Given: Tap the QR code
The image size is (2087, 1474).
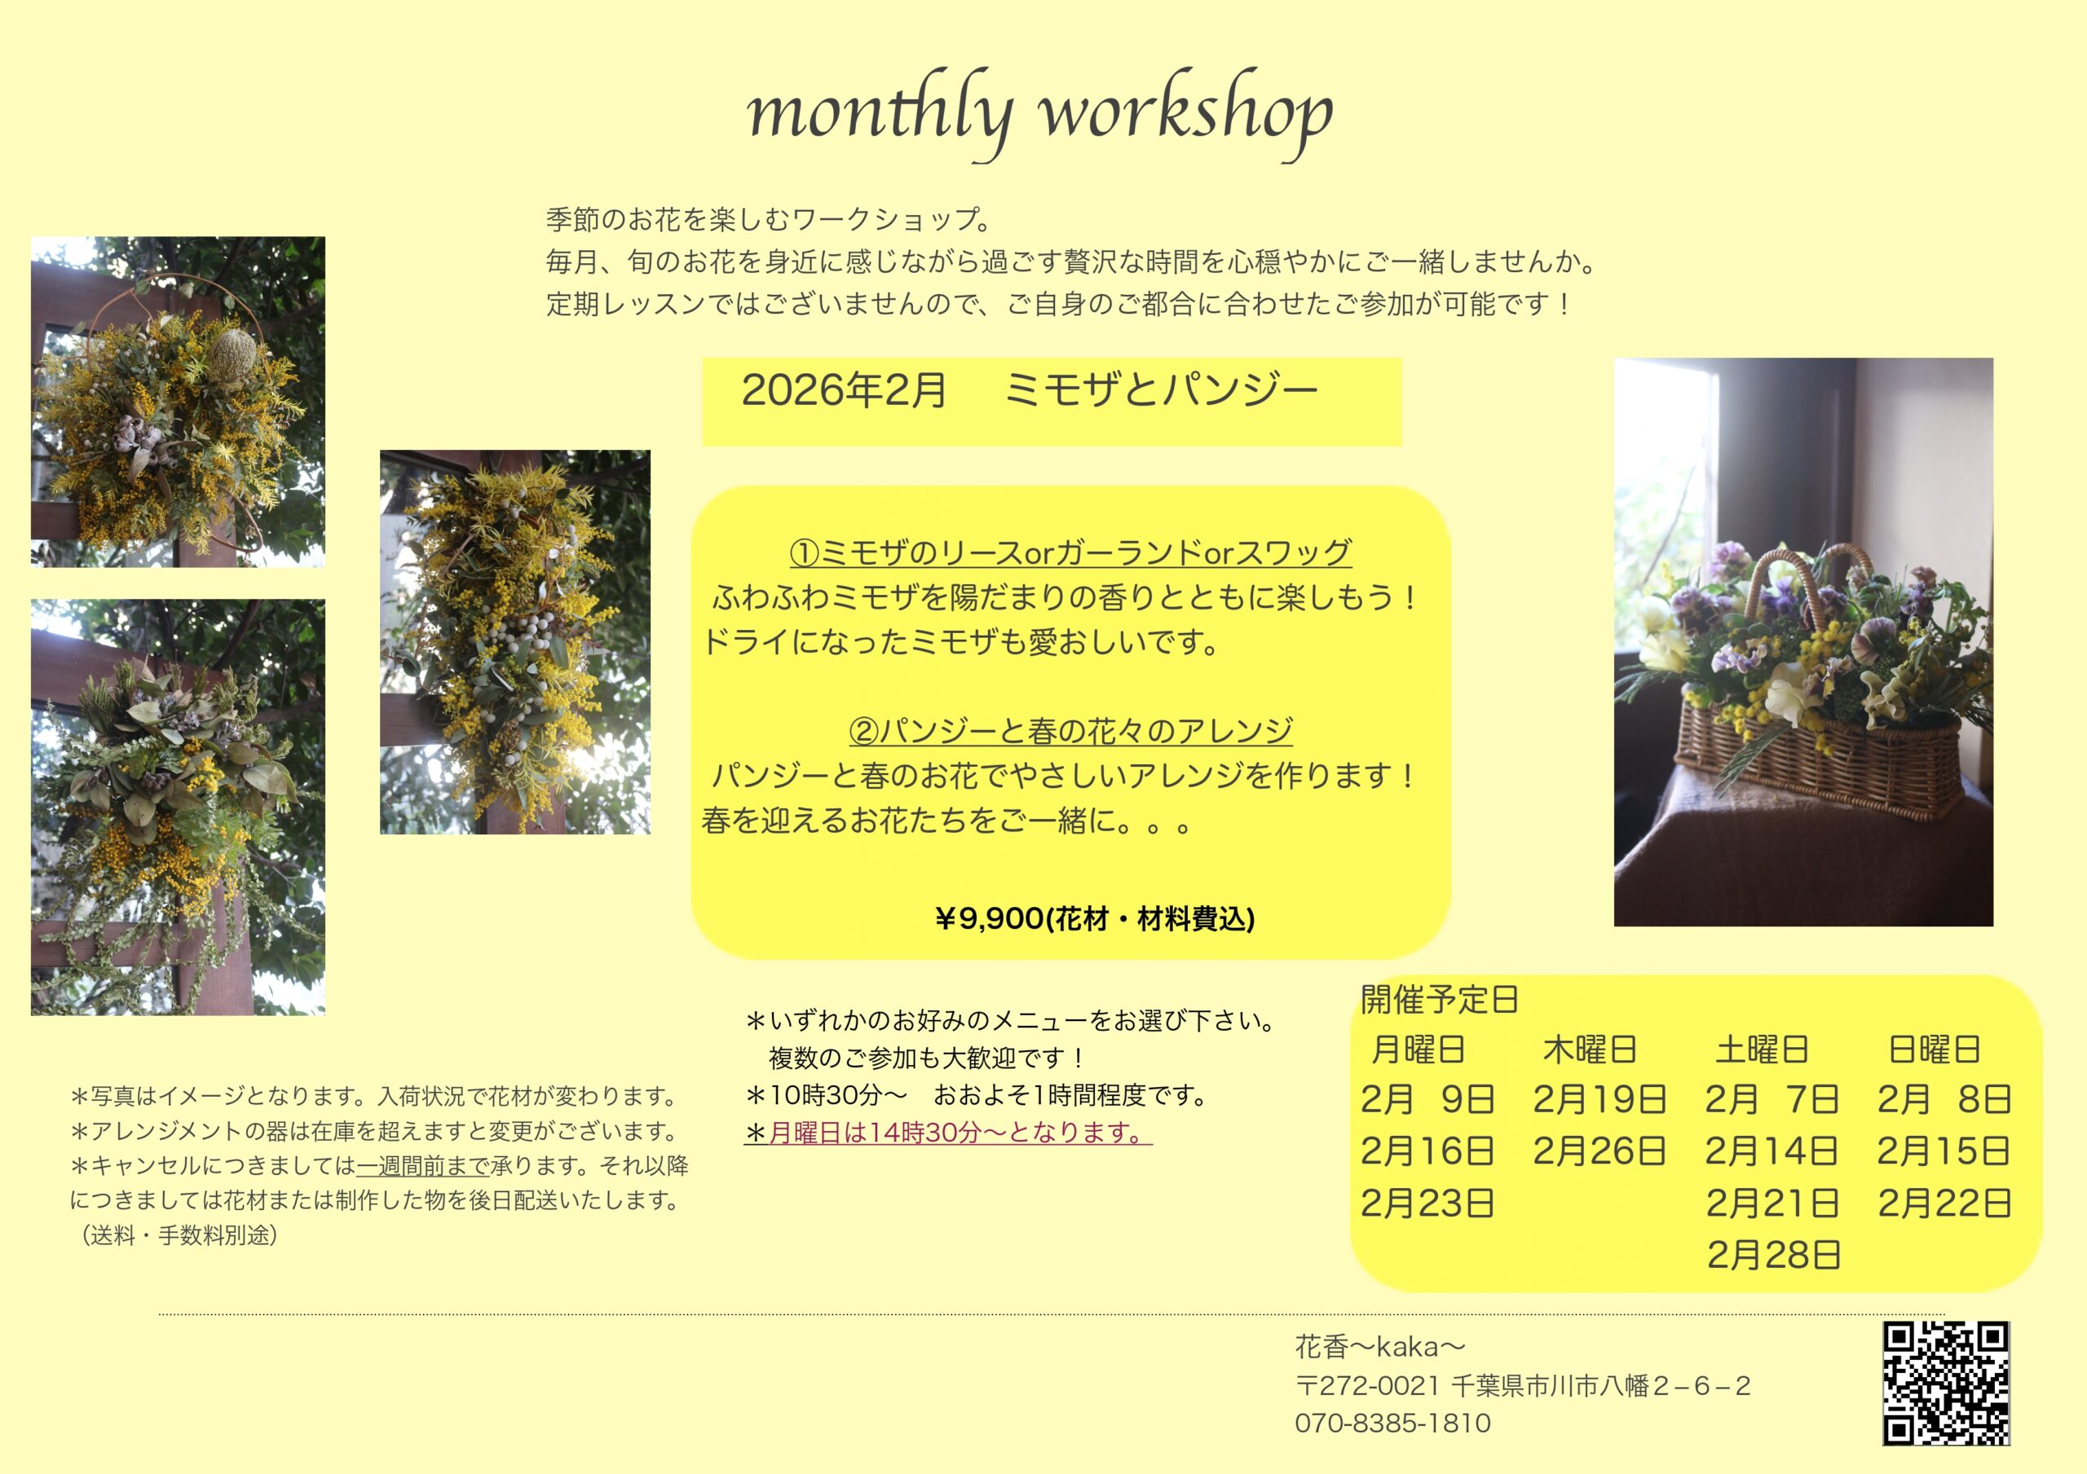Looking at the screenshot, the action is (x=1945, y=1383).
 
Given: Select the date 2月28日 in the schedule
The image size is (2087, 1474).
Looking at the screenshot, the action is (x=1773, y=1255).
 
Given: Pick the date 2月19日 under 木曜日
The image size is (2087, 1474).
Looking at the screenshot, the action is (x=1599, y=1100).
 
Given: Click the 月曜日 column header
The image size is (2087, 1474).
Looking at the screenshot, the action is (x=1418, y=1049).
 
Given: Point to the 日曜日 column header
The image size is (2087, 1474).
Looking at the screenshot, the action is (x=1935, y=1049).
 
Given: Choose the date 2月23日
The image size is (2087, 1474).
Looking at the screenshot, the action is (x=1428, y=1203).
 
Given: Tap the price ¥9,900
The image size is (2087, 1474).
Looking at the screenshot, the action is (x=990, y=919).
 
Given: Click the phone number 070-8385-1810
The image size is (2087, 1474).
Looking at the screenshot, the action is (x=1392, y=1423).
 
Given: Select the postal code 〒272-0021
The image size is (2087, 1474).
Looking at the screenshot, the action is (x=1367, y=1386).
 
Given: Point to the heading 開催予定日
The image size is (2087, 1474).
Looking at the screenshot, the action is (x=1440, y=1000).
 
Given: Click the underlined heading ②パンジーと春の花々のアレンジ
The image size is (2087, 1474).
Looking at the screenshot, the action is (x=1070, y=731).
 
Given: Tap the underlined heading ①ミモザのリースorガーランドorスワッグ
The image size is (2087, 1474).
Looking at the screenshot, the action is (x=1070, y=552).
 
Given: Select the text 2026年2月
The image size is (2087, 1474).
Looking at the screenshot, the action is (x=845, y=389).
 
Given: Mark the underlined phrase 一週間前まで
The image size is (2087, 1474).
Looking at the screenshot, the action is (x=424, y=1166).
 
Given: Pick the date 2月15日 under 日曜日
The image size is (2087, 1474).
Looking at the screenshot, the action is (x=1944, y=1151).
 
